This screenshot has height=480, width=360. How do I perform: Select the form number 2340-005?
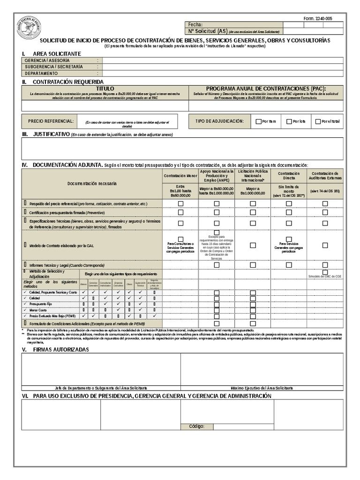coord(317,18)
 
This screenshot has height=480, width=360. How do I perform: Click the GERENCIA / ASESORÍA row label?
coord(47,60)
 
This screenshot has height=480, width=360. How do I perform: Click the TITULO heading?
coord(105,89)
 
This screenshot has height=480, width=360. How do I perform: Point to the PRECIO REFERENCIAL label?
coord(51,121)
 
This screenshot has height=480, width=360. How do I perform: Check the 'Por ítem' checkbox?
coord(258,121)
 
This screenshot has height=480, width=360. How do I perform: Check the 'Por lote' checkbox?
coord(289,121)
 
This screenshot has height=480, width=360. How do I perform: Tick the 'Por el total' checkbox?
coord(318,121)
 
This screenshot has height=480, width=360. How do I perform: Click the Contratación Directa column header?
coord(289,176)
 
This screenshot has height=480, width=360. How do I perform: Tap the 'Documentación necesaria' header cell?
coord(92,183)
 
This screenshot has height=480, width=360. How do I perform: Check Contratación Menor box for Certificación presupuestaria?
coord(180,212)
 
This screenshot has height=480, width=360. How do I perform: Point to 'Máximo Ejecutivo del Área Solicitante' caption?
coord(262,388)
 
